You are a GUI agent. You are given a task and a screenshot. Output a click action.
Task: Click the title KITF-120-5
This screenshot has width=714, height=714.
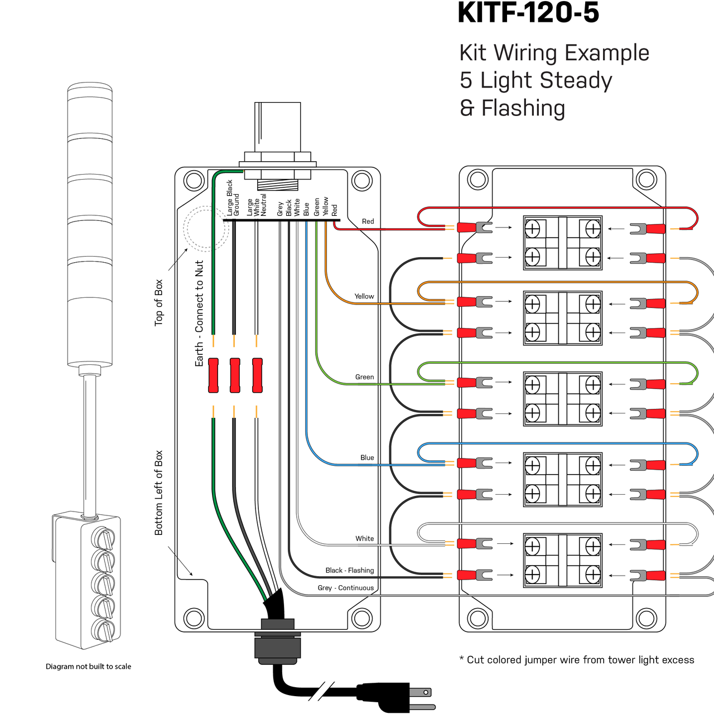(528, 13)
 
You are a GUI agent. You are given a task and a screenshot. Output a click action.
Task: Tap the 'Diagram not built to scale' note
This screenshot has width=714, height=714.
(88, 666)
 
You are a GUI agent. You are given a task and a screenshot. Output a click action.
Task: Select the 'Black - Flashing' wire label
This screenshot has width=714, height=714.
(349, 570)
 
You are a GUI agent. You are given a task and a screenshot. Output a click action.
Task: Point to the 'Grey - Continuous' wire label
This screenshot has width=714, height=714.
(346, 587)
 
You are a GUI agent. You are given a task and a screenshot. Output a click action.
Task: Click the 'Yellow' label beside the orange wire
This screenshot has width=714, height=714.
(364, 296)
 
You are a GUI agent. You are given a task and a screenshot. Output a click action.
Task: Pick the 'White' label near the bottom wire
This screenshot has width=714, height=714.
(365, 538)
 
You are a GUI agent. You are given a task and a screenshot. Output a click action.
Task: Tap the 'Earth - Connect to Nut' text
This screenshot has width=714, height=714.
(199, 313)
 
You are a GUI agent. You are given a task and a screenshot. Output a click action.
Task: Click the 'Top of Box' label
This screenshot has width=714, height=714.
(158, 303)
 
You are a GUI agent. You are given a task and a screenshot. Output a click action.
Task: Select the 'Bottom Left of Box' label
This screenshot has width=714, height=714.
(158, 493)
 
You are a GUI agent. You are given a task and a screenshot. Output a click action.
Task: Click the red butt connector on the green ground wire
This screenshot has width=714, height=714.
(213, 375)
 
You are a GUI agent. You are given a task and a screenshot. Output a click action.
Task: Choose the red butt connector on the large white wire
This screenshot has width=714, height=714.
(257, 375)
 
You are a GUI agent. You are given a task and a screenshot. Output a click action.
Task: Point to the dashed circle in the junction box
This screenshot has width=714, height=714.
(206, 229)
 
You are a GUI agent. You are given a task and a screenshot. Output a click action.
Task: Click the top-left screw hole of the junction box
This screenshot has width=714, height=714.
(194, 181)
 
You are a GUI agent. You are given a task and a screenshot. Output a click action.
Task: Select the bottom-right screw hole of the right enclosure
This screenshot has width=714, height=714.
(647, 619)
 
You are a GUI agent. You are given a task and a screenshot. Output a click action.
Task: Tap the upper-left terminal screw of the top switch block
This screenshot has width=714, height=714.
(533, 229)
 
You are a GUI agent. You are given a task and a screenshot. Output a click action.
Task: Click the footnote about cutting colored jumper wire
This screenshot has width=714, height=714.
(577, 660)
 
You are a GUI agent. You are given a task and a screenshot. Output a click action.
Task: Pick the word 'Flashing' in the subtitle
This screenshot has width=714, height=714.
(523, 109)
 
